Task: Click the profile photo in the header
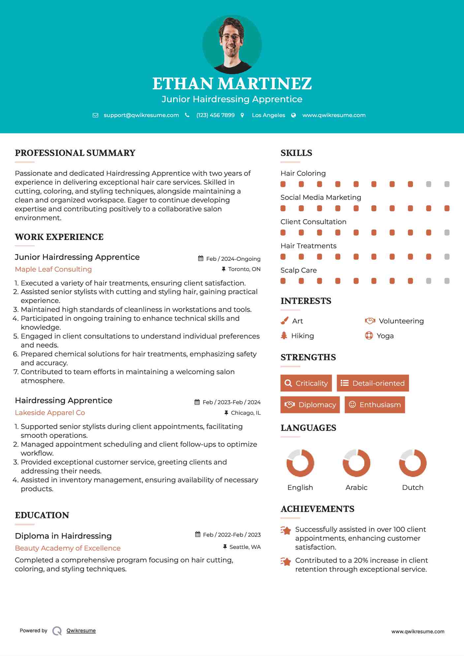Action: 232,44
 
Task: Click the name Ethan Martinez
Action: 232,84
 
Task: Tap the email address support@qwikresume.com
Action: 141,115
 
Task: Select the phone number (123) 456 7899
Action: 215,115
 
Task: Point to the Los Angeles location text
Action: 268,115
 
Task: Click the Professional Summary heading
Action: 75,153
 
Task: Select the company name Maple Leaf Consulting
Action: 53,269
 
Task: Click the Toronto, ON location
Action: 244,269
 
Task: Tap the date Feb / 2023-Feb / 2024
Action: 231,402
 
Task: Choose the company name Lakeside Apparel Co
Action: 50,413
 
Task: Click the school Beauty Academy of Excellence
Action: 68,548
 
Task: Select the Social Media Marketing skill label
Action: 321,197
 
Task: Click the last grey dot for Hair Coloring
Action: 447,184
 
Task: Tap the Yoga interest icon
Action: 369,336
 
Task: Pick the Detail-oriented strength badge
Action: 373,383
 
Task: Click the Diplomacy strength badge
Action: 310,405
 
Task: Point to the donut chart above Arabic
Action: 356,463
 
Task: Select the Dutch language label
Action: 413,488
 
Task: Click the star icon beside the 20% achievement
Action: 286,561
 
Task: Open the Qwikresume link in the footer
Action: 81,631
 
